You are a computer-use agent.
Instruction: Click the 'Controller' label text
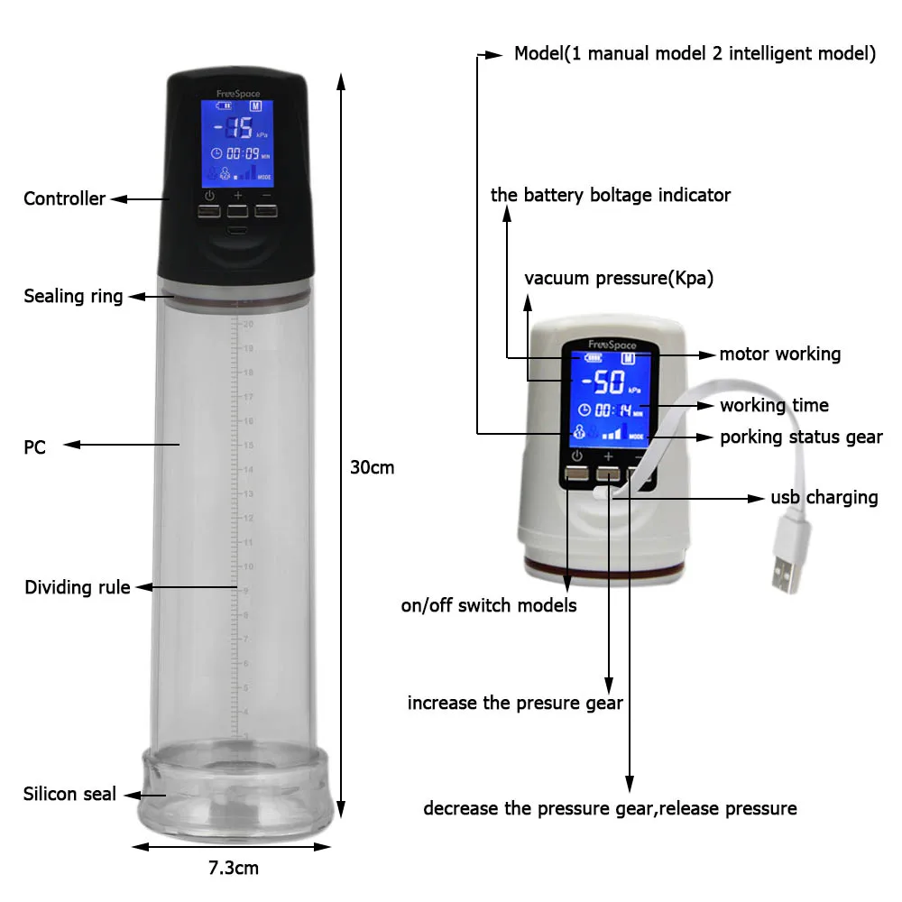click(64, 198)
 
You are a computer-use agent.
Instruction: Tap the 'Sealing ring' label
click(73, 296)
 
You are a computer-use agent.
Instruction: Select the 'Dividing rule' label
click(78, 587)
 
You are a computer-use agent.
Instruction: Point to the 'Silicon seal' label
click(69, 794)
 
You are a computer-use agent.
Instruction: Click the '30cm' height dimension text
click(373, 468)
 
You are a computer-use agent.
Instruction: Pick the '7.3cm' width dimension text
click(234, 869)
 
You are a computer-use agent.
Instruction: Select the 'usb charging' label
click(824, 497)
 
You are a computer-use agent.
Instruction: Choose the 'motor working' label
click(779, 354)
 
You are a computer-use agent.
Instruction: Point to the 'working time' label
click(774, 405)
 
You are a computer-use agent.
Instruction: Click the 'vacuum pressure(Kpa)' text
click(619, 278)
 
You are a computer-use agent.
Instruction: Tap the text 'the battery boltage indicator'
click(611, 195)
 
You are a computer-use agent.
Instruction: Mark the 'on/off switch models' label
click(489, 605)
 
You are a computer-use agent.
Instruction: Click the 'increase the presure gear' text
click(515, 702)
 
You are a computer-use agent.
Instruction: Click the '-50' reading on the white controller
click(603, 384)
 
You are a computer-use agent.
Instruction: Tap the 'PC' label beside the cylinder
click(34, 445)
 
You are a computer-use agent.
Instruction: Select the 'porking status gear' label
click(801, 437)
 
